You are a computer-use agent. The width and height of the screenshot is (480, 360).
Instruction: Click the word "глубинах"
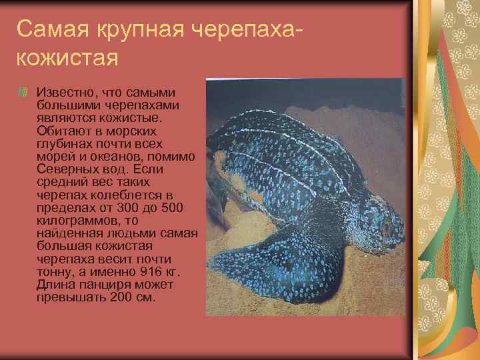(64, 143)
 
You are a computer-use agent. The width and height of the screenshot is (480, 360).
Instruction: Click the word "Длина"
(55, 284)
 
